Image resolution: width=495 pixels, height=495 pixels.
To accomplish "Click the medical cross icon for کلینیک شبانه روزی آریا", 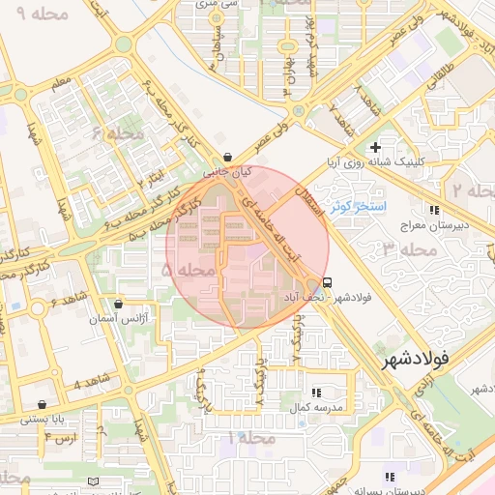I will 388,147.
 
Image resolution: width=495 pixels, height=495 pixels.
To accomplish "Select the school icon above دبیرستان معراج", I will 435,209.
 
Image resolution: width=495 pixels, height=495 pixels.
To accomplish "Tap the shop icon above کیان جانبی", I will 227,157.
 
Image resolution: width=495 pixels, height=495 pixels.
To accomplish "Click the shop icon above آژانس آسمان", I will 119,304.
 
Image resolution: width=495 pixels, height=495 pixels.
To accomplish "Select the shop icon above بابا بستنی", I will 42,404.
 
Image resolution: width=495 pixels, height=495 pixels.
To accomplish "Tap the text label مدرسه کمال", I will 311,408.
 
